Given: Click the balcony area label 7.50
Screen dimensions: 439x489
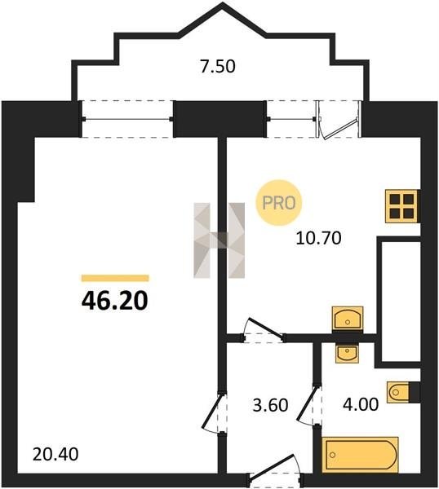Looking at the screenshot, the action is point(218,67).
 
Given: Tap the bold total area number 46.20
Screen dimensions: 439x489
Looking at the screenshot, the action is point(114,302).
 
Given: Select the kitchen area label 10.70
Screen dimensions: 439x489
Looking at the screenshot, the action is point(318,239).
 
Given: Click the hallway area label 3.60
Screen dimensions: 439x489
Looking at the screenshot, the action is point(270,405).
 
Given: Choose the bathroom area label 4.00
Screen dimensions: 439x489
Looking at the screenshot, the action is point(361,405).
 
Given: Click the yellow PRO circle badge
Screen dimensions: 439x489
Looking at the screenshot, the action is point(279,203).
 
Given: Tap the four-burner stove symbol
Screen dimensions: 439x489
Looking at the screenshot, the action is point(401,206).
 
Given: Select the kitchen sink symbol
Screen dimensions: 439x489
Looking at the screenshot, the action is point(348,318).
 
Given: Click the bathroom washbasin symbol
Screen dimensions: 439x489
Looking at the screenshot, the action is point(348,354).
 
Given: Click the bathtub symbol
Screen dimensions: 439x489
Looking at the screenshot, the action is point(360,455).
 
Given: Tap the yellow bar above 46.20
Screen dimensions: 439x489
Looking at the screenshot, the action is point(115,278).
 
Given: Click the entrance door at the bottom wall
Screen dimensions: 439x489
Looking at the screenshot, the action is point(275,475).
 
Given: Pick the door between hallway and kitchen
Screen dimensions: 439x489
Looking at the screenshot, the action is point(264,331).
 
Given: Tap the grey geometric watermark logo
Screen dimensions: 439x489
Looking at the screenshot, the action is point(219,240).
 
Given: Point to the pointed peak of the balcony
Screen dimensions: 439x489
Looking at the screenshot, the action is point(222,3).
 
